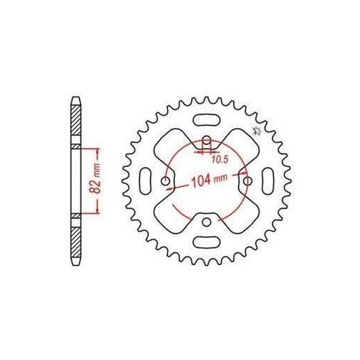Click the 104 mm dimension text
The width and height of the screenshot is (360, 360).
point(208,179)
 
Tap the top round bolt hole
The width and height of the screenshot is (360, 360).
point(206,139)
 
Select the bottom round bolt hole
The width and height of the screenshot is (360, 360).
point(206,222)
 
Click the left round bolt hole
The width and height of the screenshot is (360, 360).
point(165,181)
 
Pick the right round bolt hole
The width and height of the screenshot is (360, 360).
point(248,181)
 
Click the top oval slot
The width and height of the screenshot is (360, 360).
point(206,120)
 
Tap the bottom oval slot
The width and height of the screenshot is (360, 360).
point(206,242)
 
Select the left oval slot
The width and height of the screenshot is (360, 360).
point(146,181)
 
